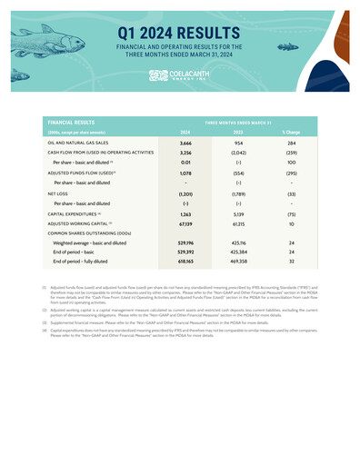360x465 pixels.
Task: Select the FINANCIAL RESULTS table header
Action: [75, 120]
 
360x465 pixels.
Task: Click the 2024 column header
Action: [185, 132]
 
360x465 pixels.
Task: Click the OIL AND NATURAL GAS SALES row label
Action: [86, 143]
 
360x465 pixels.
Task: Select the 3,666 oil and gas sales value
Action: [185, 143]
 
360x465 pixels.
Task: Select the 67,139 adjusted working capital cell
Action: [185, 223]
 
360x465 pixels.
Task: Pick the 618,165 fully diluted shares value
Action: [185, 262]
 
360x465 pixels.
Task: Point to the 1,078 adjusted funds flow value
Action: [185, 173]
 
